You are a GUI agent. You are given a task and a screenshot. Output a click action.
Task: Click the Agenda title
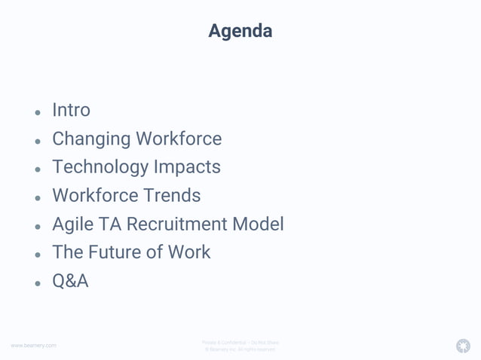coord(240,32)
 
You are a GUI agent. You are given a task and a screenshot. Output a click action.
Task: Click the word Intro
coord(71,110)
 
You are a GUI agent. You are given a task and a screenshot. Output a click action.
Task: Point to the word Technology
coord(100,167)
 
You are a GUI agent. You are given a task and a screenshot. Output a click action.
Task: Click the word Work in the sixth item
coord(188,252)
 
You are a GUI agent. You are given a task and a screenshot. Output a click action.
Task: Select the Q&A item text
coord(70,281)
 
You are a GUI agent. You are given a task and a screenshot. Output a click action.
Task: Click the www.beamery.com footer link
coord(33,346)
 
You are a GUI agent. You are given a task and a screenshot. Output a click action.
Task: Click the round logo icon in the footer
coord(463,346)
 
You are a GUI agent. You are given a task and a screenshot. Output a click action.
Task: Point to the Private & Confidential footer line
coord(240,343)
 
